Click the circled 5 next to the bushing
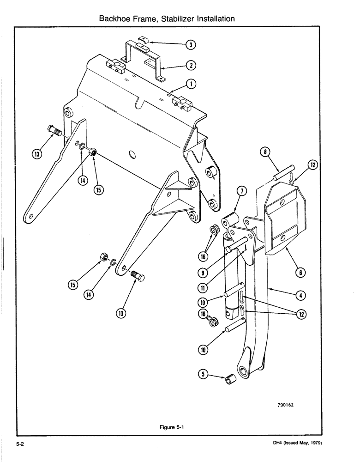coord(201,375)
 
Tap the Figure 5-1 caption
coord(170,427)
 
